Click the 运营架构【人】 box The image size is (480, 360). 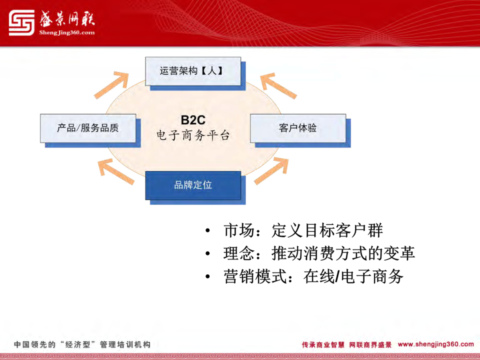point(193,71)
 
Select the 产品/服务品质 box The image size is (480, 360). point(88,128)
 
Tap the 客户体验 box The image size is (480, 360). point(298,128)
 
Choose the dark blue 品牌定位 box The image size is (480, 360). point(193,185)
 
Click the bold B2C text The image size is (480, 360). point(193,120)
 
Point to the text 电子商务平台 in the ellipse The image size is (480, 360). point(193,135)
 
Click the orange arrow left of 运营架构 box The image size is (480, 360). point(111,85)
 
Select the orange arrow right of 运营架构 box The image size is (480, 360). point(278,85)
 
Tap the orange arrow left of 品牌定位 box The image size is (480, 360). point(116,171)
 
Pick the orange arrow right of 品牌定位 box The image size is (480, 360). point(271,171)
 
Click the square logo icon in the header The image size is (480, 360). point(21,22)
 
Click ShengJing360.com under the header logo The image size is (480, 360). point(67,33)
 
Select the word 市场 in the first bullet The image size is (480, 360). point(239,230)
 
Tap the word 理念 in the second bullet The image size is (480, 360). point(239,253)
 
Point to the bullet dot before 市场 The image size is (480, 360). point(208,230)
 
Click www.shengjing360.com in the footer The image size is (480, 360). point(436,344)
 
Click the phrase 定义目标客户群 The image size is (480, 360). point(327,230)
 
